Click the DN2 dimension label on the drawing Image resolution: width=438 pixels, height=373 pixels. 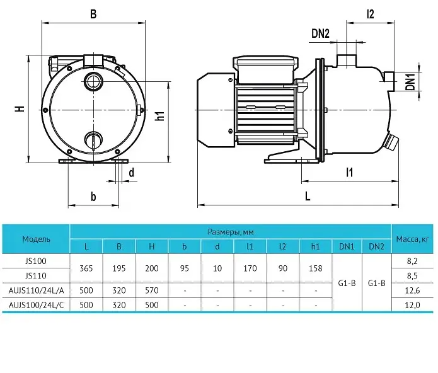coord(320,33)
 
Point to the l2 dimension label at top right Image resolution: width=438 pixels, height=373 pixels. coord(370,14)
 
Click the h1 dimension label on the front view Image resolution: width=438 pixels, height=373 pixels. coord(159,115)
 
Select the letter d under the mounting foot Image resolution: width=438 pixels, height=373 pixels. coord(131,172)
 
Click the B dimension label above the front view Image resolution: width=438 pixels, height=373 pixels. coord(93,14)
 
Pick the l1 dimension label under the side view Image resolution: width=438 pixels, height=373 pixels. coord(349,172)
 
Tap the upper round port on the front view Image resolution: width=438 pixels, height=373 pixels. coord(93,81)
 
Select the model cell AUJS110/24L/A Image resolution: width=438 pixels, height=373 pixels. coord(36,290)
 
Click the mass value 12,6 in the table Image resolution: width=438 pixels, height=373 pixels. coord(412,290)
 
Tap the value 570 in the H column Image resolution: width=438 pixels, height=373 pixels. coord(152,290)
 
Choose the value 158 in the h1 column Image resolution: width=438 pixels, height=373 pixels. coord(315,268)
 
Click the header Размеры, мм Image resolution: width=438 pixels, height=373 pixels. coord(231,232)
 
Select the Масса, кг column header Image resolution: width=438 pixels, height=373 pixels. coord(412,239)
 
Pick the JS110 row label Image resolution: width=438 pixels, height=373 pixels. coord(36,276)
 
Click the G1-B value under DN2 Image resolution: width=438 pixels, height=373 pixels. coord(376,283)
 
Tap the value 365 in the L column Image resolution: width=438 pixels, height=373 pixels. coord(86,268)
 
